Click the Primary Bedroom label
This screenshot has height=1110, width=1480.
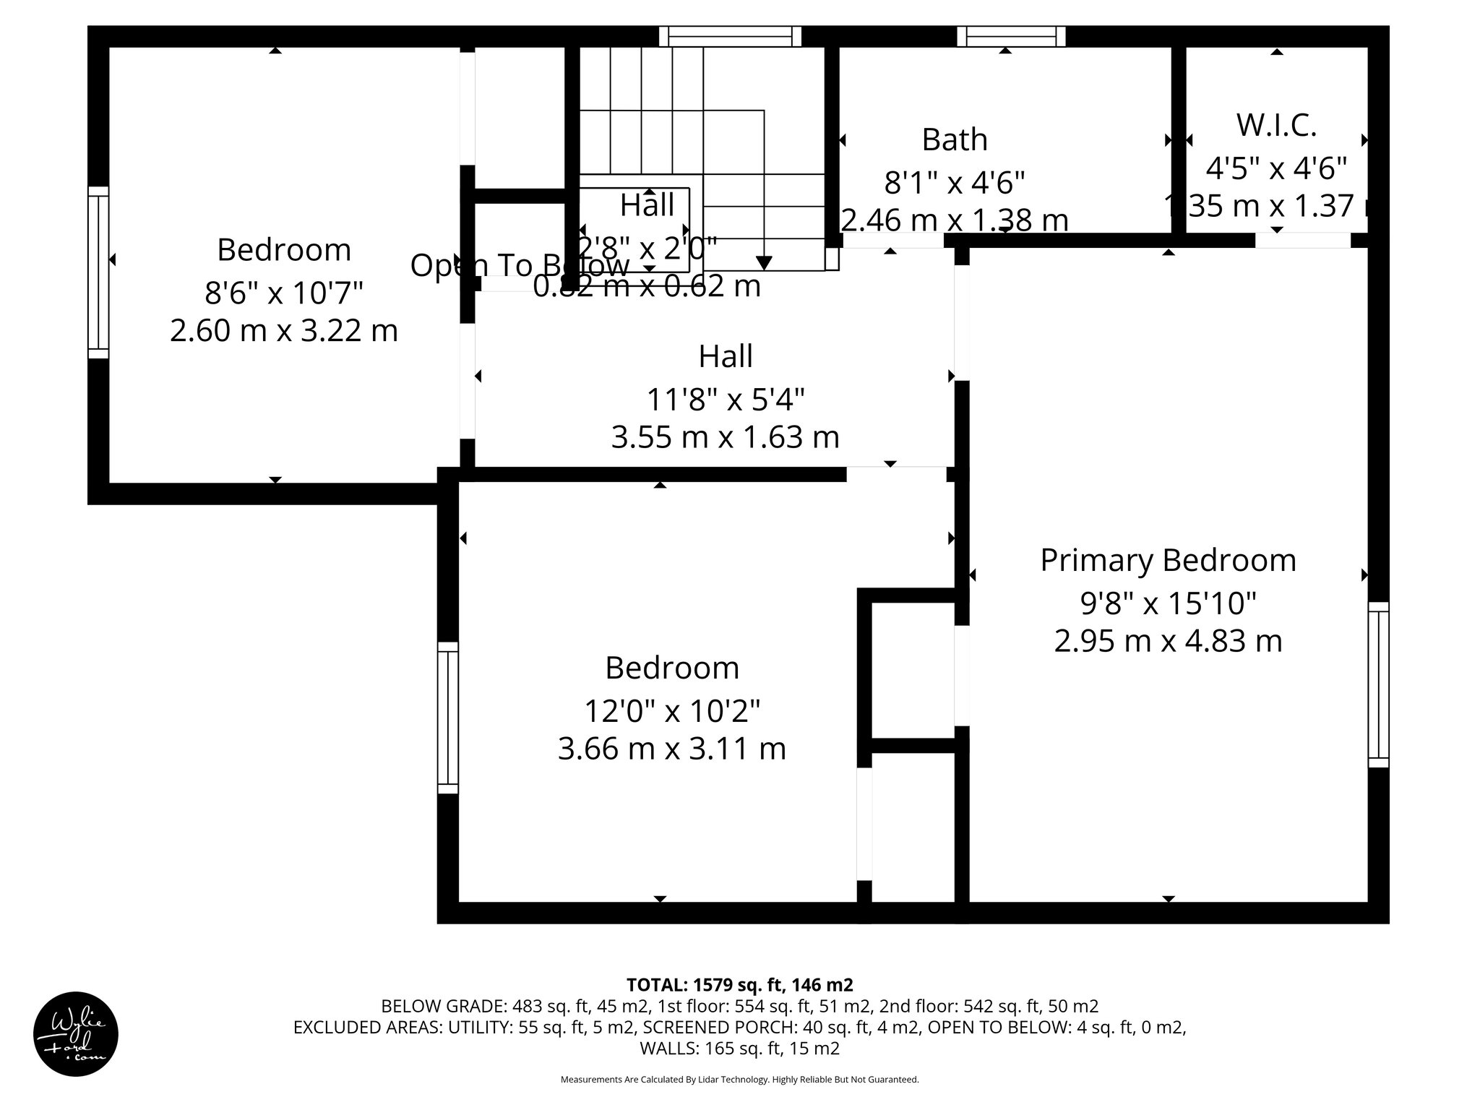coord(1168,561)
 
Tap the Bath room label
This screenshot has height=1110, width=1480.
coord(954,139)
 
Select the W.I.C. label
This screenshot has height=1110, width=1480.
coord(1276,125)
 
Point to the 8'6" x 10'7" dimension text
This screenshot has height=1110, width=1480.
coord(283,293)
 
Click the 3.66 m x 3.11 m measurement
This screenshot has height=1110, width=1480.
coord(671,749)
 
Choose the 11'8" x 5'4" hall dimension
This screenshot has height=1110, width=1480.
coord(725,399)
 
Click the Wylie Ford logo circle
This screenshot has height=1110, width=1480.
coord(76,1034)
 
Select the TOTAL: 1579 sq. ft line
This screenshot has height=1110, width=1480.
coord(739,984)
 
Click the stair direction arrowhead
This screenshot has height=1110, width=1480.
coord(764,262)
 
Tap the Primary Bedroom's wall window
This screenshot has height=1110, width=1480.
coord(1378,684)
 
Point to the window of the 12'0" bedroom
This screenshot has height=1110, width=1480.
coord(448,718)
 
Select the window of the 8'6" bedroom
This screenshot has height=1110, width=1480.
coord(98,272)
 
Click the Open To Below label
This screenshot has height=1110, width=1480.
coord(519,266)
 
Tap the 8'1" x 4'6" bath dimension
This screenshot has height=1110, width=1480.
coord(954,183)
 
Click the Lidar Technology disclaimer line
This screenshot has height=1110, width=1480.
coord(739,1080)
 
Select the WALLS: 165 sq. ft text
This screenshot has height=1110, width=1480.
coord(739,1048)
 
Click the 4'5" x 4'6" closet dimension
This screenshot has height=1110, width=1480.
coord(1276,168)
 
